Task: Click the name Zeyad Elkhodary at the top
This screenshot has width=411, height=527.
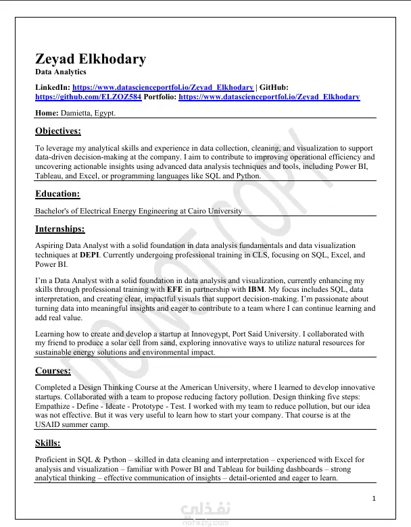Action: click(x=91, y=59)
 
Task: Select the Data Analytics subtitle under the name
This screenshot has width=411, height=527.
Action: click(x=61, y=72)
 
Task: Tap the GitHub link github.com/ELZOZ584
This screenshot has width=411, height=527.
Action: click(x=89, y=97)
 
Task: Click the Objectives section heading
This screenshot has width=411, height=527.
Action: click(x=58, y=131)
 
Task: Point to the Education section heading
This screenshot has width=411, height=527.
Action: click(x=57, y=194)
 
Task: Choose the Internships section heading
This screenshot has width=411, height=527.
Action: click(x=60, y=229)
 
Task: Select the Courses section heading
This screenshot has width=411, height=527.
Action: click(x=53, y=371)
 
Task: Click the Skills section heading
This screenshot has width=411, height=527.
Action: click(x=48, y=443)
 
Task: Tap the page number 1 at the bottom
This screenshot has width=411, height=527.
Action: click(x=373, y=499)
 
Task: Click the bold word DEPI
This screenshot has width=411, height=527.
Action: click(x=89, y=255)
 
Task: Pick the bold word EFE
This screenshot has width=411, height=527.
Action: click(x=175, y=289)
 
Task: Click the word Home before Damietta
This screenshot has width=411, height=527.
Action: click(x=47, y=113)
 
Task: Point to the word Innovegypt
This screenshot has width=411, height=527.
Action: click(x=242, y=334)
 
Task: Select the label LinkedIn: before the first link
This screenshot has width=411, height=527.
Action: click(x=53, y=87)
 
